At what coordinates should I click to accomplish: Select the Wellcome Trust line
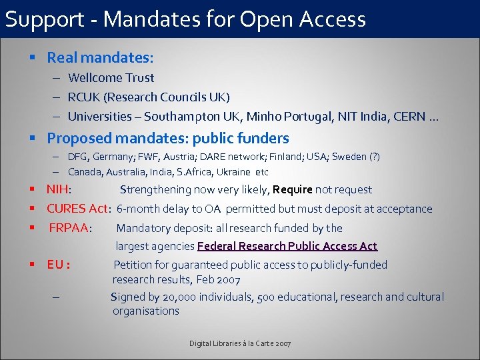pyautogui.click(x=111, y=78)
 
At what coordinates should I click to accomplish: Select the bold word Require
pyautogui.click(x=293, y=190)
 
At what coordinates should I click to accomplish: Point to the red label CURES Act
pyautogui.click(x=77, y=209)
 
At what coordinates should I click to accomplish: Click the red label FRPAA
pyautogui.click(x=69, y=228)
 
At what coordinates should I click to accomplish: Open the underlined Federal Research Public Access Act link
pyautogui.click(x=287, y=247)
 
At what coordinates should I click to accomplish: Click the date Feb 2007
pyautogui.click(x=218, y=280)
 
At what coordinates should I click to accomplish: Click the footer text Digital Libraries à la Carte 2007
pyautogui.click(x=240, y=343)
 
